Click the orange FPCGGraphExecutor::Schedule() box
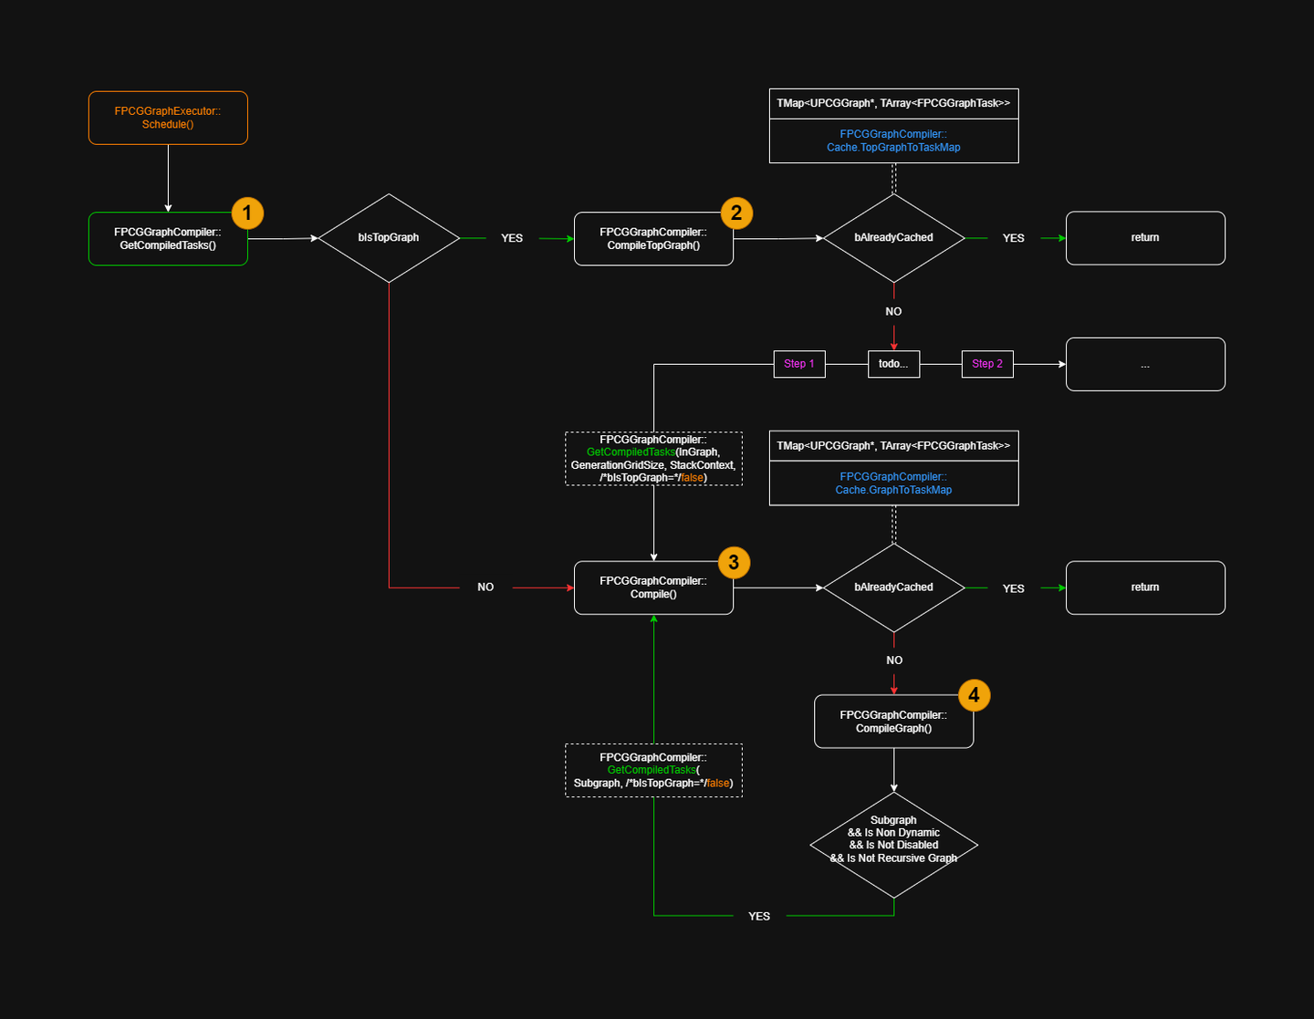pos(168,118)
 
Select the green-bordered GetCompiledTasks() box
pos(168,239)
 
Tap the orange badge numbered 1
pos(247,213)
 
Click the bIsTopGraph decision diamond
pos(389,238)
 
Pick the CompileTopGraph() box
pos(653,239)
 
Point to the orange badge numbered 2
pos(736,213)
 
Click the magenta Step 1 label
pos(799,364)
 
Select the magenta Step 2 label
pos(987,364)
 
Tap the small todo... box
pos(893,364)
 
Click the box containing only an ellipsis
pos(1145,365)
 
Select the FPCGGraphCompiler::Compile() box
pos(653,587)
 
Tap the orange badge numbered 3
pos(734,563)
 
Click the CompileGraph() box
pos(893,722)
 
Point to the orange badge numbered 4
pos(974,695)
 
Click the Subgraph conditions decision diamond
pos(893,845)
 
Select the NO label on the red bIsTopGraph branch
pos(485,587)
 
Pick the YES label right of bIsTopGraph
pos(512,238)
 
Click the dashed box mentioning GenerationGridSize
pos(653,459)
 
